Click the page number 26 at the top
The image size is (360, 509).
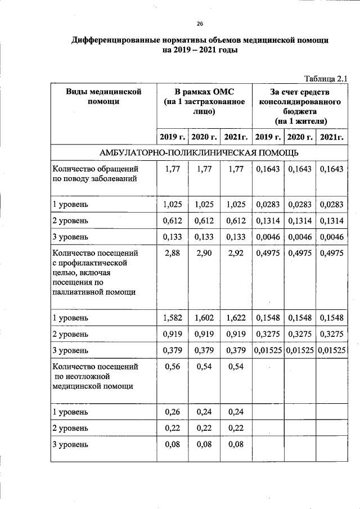tap(200, 23)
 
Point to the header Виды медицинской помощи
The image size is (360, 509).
tap(103, 96)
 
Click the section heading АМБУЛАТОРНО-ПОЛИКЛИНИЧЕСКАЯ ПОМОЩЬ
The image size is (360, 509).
tap(199, 152)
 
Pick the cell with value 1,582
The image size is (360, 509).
tap(173, 318)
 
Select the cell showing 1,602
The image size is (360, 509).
tap(204, 318)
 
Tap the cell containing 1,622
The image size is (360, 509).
tap(235, 318)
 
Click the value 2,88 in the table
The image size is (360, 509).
tap(172, 254)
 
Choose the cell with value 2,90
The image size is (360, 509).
tap(204, 254)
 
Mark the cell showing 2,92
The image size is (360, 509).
tap(235, 254)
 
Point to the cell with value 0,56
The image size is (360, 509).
tap(172, 366)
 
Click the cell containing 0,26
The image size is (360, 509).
tap(172, 412)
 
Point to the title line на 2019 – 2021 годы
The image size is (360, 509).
tap(200, 50)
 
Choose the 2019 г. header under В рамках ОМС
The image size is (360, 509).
tap(172, 137)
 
